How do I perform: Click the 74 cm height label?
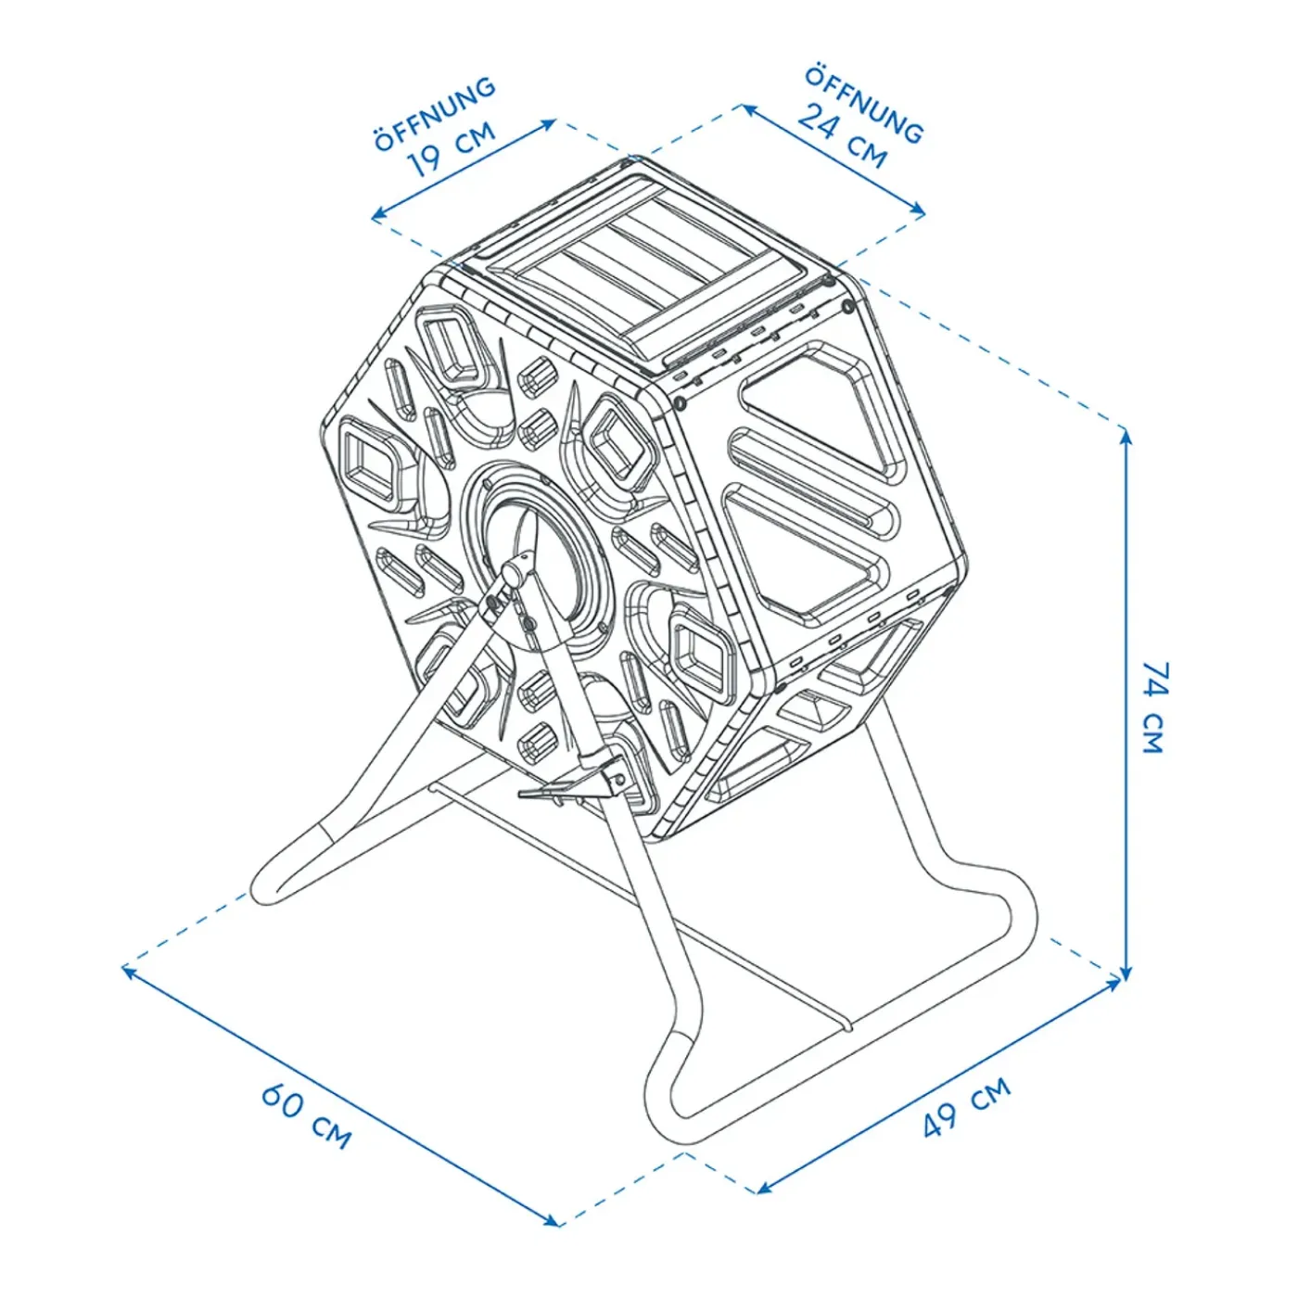(x=1154, y=707)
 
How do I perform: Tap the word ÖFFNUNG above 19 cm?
(x=435, y=114)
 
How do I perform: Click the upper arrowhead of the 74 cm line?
(x=1126, y=438)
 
